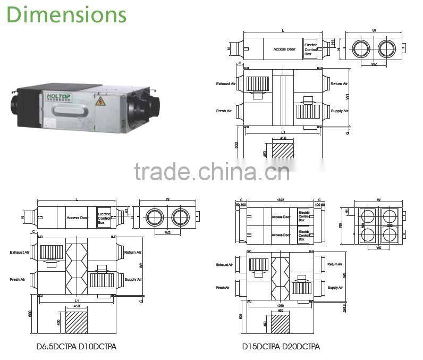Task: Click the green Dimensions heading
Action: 67,14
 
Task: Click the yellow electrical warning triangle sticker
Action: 99,101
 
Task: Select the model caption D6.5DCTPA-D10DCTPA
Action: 76,347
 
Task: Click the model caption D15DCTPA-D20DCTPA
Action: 281,347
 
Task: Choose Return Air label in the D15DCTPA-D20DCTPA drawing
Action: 335,264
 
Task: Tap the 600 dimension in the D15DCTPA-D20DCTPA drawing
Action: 241,316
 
